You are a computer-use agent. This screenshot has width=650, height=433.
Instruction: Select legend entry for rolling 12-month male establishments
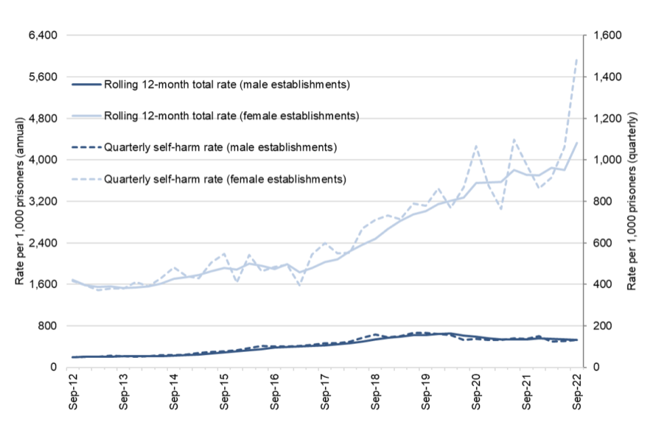click(226, 85)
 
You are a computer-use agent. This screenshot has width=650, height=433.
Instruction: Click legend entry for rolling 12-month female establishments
click(231, 116)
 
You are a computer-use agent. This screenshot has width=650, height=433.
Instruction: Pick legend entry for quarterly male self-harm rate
click(220, 147)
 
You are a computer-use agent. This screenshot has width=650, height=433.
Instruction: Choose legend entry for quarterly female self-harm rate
click(225, 179)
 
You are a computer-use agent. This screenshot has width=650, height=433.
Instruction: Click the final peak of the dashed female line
click(577, 59)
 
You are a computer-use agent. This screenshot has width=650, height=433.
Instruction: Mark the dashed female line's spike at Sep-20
click(475, 145)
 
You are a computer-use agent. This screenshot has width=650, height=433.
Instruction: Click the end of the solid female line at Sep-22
click(577, 143)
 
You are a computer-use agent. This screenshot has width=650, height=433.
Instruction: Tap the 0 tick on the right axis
click(595, 367)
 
